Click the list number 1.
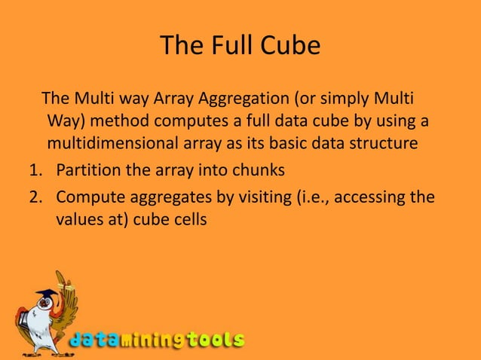35,170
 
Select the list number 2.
35,198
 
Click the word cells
185,220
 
